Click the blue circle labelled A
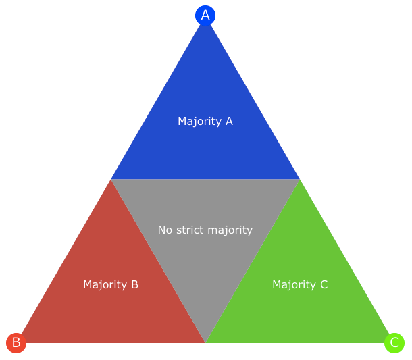click(205, 16)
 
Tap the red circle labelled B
click(16, 343)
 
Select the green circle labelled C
click(394, 343)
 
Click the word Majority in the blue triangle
click(199, 122)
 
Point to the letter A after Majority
click(229, 121)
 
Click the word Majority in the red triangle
click(105, 285)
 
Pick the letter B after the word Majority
click(135, 284)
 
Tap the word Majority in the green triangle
click(294, 285)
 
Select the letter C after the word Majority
click(324, 284)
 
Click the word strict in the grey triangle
click(190, 230)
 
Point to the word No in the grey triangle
click(165, 230)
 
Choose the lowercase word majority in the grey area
click(230, 230)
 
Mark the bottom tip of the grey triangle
click(205, 342)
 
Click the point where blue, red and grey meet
click(111, 179)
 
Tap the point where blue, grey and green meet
click(299, 179)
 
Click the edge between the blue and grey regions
click(205, 179)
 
